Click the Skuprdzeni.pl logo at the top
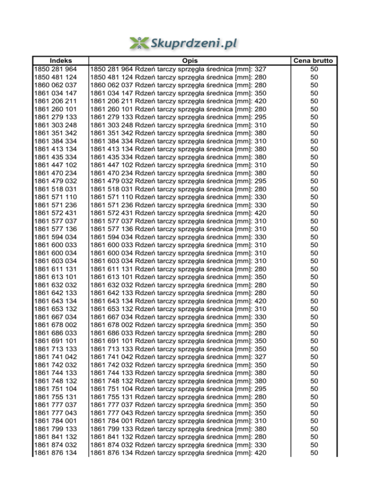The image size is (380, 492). pos(183,43)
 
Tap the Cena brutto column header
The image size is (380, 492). pos(314,61)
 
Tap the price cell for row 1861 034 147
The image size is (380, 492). pos(314,93)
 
